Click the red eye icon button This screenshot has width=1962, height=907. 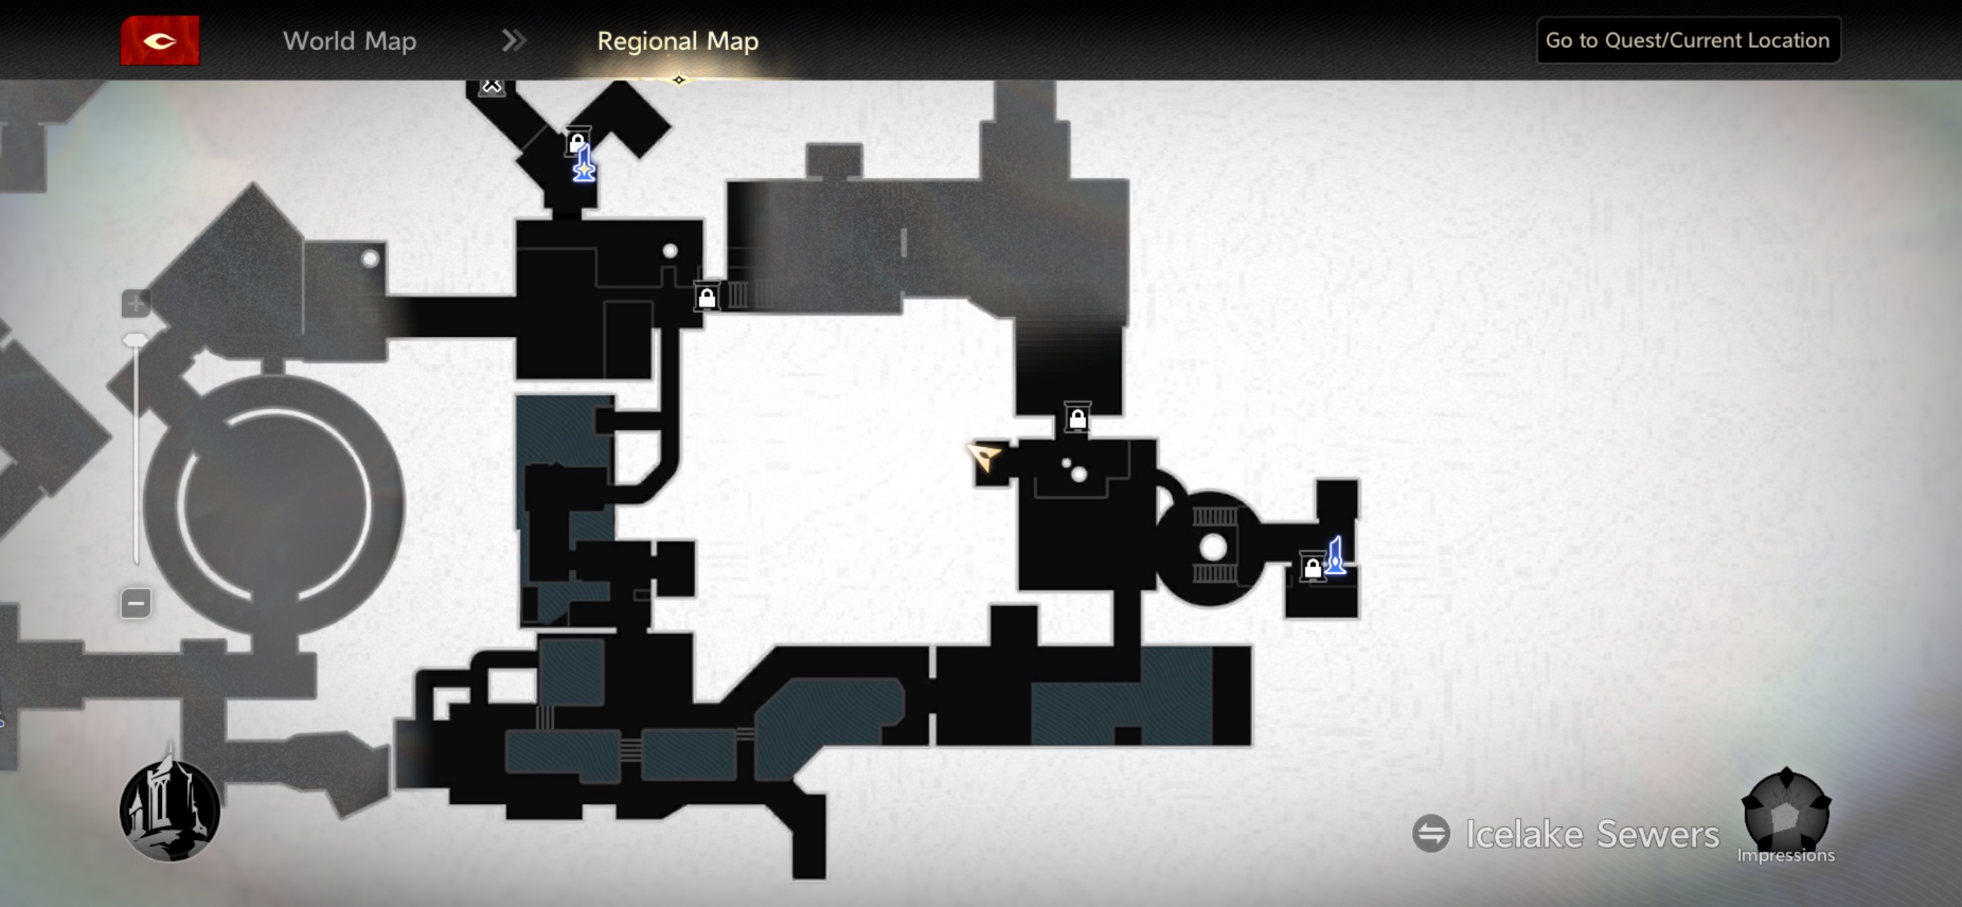[x=160, y=40]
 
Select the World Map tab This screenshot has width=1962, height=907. [x=350, y=40]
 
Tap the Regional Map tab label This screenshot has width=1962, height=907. [x=677, y=40]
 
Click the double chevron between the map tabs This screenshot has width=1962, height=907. [x=514, y=40]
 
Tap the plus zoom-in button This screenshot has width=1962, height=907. [x=136, y=304]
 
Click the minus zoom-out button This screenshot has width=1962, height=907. [x=136, y=604]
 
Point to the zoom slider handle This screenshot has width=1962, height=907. [x=136, y=340]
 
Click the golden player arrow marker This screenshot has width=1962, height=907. [x=984, y=456]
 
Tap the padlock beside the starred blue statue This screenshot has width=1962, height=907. [x=576, y=143]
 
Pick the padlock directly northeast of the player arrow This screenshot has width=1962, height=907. [x=1077, y=418]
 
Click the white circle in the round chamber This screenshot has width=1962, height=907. [x=1213, y=547]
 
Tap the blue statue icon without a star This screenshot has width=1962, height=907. [x=1336, y=556]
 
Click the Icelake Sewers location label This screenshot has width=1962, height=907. [x=1592, y=834]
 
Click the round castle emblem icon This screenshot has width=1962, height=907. [x=170, y=810]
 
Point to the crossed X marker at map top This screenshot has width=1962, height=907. [x=492, y=86]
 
